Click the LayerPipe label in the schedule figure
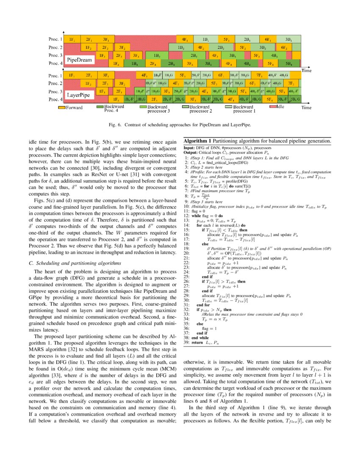click(79, 95)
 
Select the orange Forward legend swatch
click(61, 108)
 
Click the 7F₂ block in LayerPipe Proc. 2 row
click(291, 83)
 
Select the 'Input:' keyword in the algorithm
click(189, 148)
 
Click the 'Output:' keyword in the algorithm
click(190, 152)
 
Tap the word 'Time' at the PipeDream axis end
click(306, 69)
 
